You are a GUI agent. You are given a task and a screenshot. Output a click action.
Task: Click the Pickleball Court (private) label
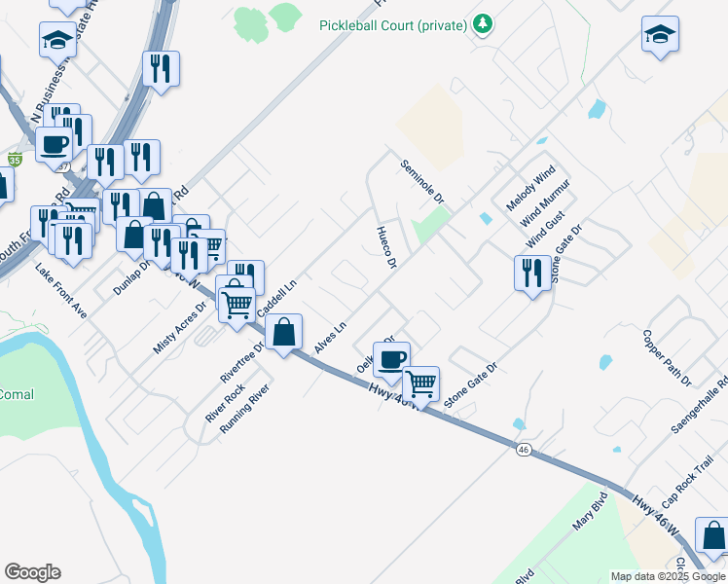point(393,24)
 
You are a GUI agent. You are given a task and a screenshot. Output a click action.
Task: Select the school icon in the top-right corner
point(660,34)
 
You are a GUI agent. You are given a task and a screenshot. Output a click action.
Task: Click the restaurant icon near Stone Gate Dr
point(531,272)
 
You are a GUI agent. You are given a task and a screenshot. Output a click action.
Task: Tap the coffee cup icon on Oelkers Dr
point(391,359)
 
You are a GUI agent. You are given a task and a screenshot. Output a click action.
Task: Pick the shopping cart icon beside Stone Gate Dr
point(420,383)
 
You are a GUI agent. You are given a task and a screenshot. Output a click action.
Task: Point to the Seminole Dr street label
point(422,182)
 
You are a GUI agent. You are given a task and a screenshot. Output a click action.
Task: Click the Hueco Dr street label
point(386,249)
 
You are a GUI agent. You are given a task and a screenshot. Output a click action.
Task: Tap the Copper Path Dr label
point(666,356)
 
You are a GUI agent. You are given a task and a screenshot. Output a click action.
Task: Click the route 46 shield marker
point(524,450)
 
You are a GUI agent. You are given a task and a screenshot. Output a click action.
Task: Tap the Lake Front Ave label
point(61,291)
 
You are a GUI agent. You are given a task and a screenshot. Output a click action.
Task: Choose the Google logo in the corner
point(32,572)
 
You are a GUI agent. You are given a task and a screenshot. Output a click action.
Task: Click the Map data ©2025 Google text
point(668,576)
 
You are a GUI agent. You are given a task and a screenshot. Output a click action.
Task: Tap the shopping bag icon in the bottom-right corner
point(713,535)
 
